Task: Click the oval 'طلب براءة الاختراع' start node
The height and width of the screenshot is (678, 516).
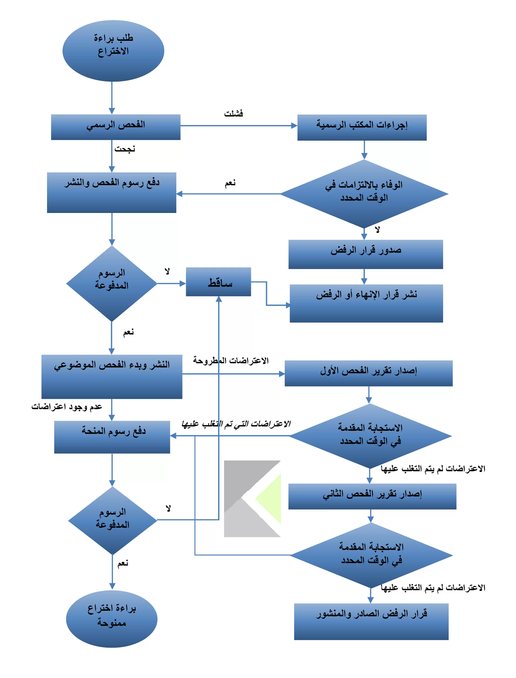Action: (x=113, y=51)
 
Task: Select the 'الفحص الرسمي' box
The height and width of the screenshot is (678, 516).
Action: (x=116, y=127)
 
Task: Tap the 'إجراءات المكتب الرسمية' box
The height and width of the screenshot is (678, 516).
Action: (x=362, y=127)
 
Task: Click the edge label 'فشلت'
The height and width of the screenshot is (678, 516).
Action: (x=233, y=114)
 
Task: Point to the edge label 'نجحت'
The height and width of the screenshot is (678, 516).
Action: (x=125, y=149)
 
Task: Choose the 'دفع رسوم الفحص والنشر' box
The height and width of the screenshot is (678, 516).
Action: (x=112, y=193)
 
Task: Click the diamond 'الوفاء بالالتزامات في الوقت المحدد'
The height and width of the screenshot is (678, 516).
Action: (x=364, y=194)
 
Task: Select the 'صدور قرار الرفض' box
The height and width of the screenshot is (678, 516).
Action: (x=366, y=254)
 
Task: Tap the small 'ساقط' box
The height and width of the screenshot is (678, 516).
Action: (x=218, y=282)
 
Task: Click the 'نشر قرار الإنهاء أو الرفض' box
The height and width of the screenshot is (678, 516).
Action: (x=367, y=303)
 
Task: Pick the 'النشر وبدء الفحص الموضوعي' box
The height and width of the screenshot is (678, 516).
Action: (x=112, y=377)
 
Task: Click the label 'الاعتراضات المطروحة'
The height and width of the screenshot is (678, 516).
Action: (x=231, y=360)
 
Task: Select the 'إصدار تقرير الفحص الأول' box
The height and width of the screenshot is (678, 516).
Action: (x=369, y=373)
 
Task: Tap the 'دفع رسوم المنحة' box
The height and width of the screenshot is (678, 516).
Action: (x=112, y=437)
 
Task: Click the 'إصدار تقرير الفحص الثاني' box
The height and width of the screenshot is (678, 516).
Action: (x=372, y=496)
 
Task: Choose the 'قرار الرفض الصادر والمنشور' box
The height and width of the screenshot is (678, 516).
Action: (x=371, y=622)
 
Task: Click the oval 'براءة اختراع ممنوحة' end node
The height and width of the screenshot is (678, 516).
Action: (x=112, y=619)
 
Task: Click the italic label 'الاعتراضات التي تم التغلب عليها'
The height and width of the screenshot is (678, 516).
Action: (x=236, y=424)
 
